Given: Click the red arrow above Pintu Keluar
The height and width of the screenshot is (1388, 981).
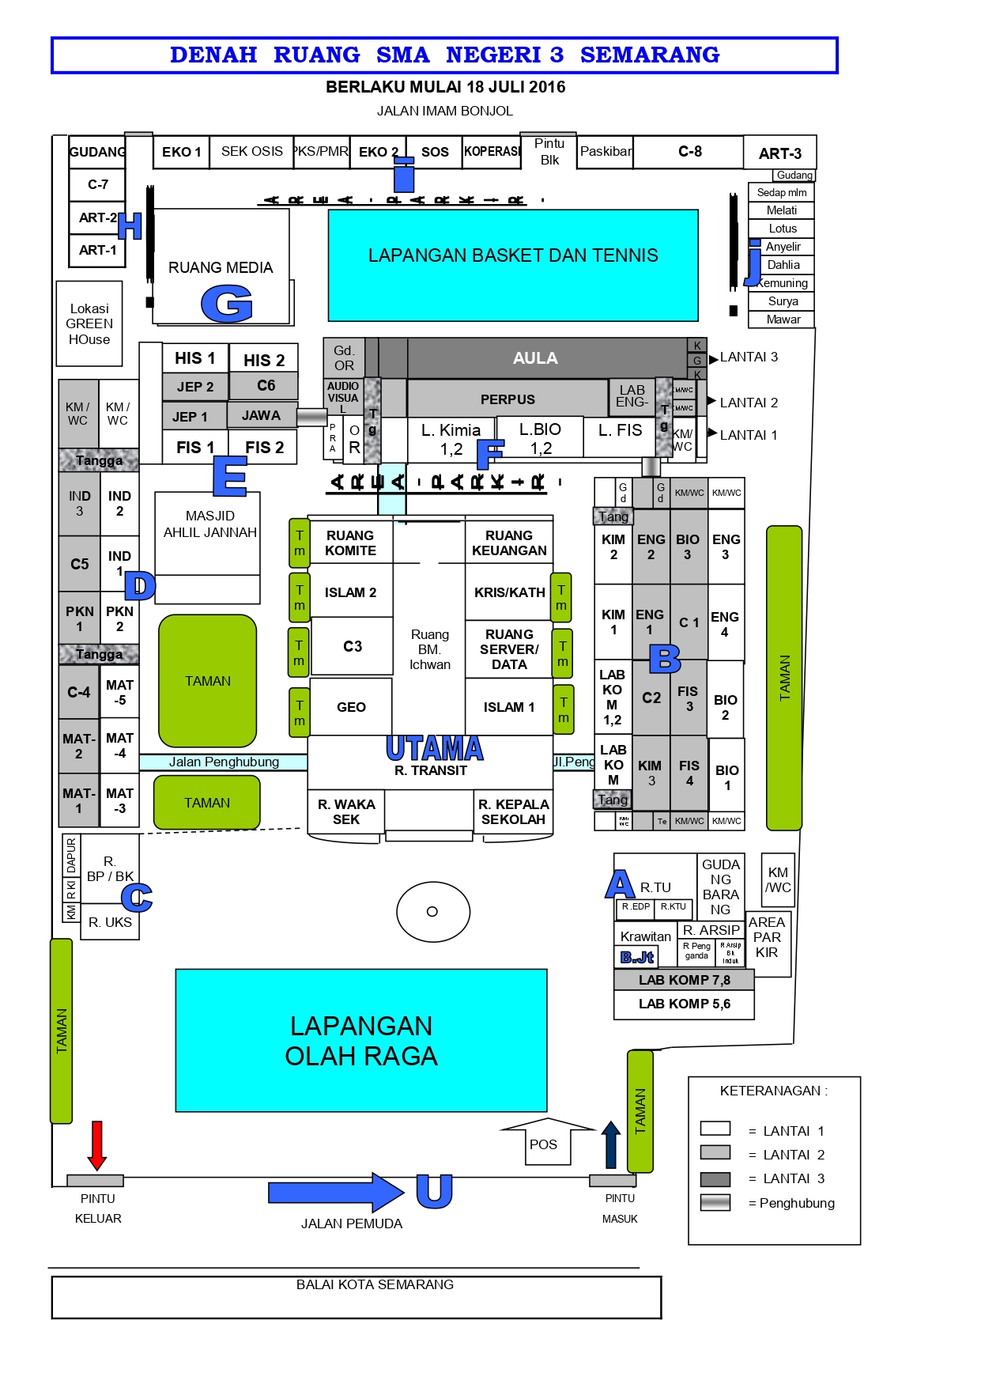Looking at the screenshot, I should click(97, 1144).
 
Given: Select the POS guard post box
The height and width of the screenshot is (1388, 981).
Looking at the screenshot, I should click(544, 1144).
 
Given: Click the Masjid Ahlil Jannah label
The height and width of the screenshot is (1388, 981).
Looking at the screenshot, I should click(209, 524).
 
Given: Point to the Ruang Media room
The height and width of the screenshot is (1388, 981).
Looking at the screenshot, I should click(221, 267).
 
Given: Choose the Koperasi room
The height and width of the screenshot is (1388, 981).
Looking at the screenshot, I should click(492, 151).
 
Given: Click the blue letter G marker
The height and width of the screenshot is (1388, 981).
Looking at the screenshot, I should click(227, 304).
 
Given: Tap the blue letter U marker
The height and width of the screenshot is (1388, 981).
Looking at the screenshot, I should click(434, 1190).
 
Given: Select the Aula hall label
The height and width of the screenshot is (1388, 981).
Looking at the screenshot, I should click(535, 358).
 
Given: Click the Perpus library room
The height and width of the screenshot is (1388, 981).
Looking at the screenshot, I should click(507, 399).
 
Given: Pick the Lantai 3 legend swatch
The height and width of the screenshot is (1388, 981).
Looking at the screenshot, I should click(715, 1178).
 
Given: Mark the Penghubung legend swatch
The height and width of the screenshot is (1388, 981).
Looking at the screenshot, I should click(715, 1202).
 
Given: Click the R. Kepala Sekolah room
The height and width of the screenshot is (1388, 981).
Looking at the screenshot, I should click(513, 811).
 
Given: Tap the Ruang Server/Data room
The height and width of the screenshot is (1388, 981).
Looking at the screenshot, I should click(509, 649).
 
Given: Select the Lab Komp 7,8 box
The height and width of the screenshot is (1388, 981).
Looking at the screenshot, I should click(684, 980).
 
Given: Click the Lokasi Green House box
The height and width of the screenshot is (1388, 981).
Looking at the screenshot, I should click(89, 323).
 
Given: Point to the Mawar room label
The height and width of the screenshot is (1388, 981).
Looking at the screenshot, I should click(783, 320).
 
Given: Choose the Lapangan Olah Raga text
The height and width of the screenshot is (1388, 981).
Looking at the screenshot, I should click(361, 1040).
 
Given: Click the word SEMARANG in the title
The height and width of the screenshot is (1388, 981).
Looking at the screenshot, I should click(650, 55).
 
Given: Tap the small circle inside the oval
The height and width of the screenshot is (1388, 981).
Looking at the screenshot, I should click(432, 911).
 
